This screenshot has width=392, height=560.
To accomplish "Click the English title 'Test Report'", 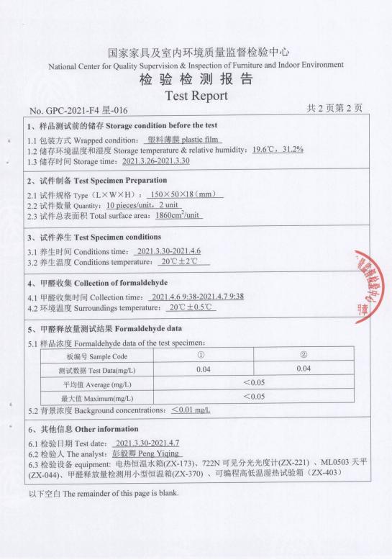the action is click(196, 95).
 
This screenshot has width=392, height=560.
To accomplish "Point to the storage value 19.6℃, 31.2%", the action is click(278, 149).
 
